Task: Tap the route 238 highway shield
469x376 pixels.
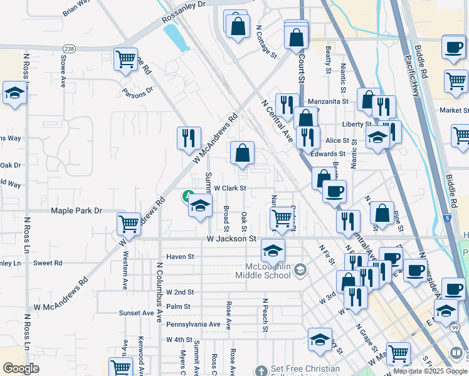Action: (x=68, y=48)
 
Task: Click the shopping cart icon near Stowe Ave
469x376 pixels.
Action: (x=126, y=60)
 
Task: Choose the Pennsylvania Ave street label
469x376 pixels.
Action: (x=193, y=324)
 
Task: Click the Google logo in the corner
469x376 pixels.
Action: (x=21, y=368)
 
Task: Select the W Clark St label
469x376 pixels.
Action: (x=230, y=187)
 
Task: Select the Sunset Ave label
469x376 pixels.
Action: (x=137, y=312)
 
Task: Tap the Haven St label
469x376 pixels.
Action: (x=181, y=257)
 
